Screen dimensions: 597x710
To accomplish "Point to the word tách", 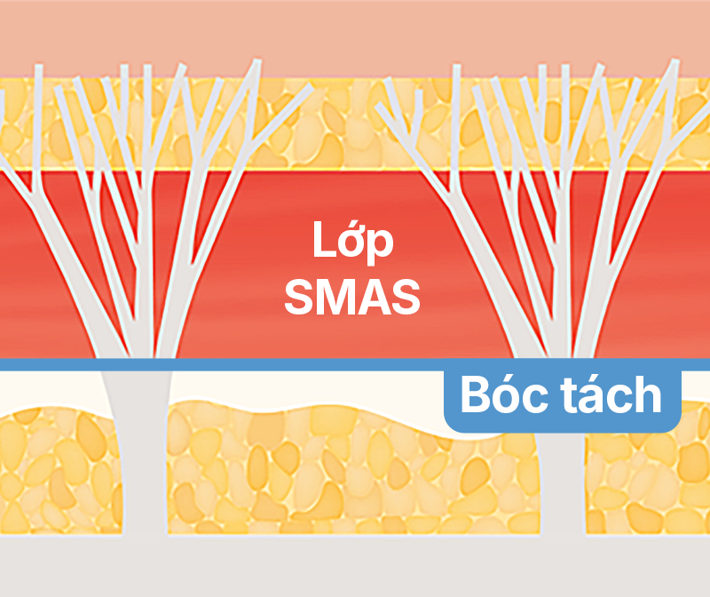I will click(x=611, y=397).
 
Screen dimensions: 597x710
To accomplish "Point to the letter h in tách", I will click(x=650, y=396).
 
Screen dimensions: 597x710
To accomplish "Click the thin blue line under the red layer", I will click(x=266, y=364).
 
